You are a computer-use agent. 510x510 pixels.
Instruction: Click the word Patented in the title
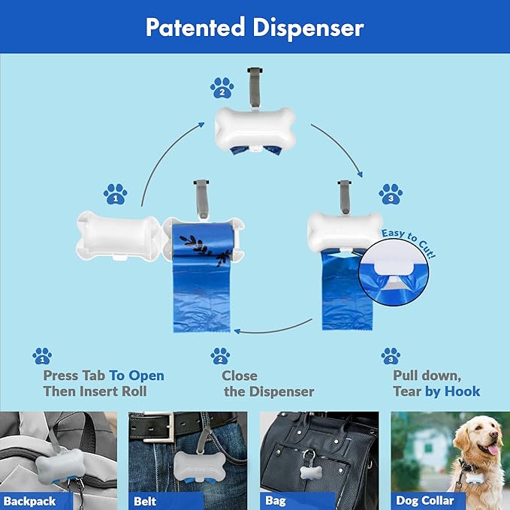click(195, 28)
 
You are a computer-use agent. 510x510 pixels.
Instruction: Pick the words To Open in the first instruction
click(137, 376)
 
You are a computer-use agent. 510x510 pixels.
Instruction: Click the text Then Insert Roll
click(95, 391)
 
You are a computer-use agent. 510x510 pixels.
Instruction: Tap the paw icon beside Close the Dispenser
click(219, 355)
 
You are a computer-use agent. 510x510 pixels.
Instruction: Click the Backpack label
click(30, 501)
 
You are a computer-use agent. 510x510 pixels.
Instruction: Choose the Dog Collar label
click(424, 501)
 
